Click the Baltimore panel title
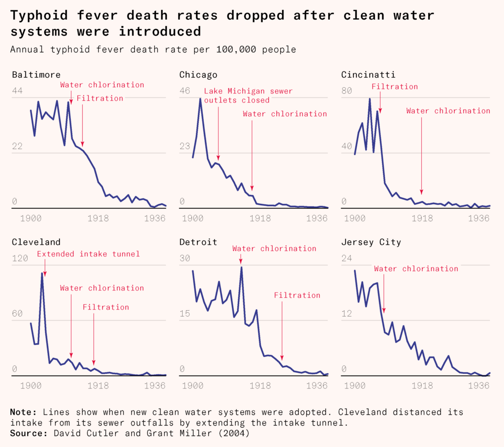point(36,75)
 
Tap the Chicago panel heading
point(198,75)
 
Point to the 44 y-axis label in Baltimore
point(18,91)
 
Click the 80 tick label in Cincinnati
point(347,91)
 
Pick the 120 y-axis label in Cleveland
point(20,258)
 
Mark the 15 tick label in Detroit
point(185,314)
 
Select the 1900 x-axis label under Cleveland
point(30,385)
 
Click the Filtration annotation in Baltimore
point(100,98)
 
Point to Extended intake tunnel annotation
point(89,254)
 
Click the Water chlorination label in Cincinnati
point(448,111)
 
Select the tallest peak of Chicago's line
point(200,99)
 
